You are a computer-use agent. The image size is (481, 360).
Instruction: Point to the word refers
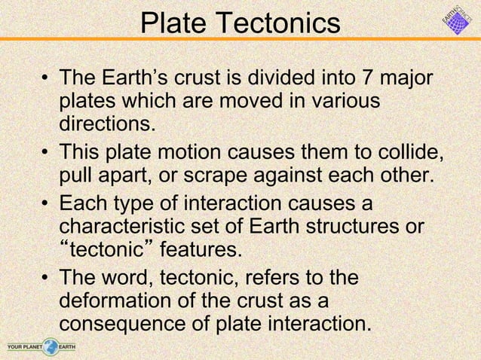[x=271, y=279]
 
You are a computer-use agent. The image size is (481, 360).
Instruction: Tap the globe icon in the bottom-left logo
[x=51, y=346]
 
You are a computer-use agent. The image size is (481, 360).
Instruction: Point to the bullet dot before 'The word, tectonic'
[x=46, y=279]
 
